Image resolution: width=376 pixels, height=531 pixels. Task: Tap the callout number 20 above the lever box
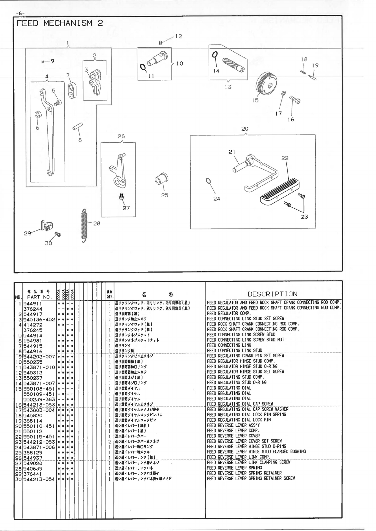click(245, 129)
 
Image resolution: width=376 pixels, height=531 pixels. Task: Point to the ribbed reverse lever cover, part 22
click(280, 190)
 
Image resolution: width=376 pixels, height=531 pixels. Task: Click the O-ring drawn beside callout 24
click(208, 181)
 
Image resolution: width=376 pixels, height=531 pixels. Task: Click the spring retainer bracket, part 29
click(46, 225)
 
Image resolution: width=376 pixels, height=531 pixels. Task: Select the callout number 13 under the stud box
click(228, 87)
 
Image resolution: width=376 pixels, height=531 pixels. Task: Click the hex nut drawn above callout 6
click(37, 114)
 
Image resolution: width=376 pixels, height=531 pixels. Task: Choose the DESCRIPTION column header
click(273, 294)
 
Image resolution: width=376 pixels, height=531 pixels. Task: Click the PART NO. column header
click(39, 297)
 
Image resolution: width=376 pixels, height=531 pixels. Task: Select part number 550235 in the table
click(33, 362)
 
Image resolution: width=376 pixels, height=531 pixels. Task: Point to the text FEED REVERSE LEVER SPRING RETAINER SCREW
click(251, 478)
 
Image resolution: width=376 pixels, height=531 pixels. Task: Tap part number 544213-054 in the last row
click(39, 479)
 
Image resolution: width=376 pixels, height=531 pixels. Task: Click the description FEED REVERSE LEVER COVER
click(234, 436)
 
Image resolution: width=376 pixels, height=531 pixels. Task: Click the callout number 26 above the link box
click(121, 136)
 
